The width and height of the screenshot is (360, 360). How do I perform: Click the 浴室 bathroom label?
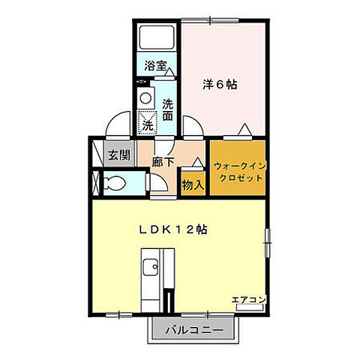click(x=155, y=65)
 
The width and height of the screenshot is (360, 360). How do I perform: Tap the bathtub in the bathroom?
click(x=157, y=37)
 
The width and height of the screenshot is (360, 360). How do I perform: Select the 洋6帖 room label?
click(x=220, y=85)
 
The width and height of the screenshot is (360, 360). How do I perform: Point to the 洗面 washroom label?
click(x=168, y=110)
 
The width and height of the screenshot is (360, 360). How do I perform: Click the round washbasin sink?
click(x=145, y=97)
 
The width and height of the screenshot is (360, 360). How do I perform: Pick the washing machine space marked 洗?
click(x=148, y=120)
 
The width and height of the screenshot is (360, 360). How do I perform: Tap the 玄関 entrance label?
click(x=118, y=155)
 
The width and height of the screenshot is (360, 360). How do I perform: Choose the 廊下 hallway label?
click(x=163, y=160)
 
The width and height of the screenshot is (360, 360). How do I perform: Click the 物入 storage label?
click(x=192, y=184)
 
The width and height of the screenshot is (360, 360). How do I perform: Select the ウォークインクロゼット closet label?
click(x=238, y=172)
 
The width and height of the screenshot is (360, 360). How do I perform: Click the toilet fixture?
click(x=116, y=182)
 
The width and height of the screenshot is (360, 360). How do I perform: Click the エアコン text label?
click(x=249, y=300)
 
